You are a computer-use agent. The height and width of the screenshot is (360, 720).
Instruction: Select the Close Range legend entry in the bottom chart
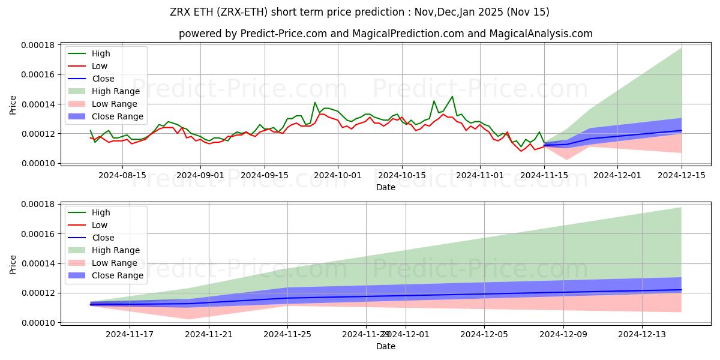(117, 275)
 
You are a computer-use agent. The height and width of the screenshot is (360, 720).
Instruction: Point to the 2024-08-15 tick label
(123, 175)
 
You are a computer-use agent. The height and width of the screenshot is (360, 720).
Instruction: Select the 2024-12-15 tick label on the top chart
(682, 175)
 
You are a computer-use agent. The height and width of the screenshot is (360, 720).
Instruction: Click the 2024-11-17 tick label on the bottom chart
(130, 335)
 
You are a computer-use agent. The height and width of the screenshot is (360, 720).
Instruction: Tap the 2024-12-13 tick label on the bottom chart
(642, 335)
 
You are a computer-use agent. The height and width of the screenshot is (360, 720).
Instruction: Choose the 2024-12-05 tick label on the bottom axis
(484, 335)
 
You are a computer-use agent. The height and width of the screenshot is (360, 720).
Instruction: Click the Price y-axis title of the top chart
(13, 104)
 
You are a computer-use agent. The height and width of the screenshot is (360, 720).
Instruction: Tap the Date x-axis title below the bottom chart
(385, 346)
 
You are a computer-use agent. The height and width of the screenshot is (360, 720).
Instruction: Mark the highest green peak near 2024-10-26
(452, 97)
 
